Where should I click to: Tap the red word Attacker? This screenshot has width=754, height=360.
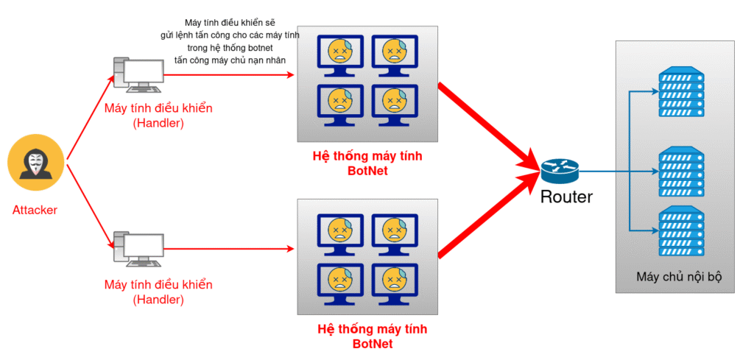click(x=35, y=211)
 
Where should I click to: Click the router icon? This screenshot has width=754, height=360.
click(x=560, y=172)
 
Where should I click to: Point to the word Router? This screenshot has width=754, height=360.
click(x=566, y=197)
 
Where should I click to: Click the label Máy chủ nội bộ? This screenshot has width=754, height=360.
click(x=679, y=278)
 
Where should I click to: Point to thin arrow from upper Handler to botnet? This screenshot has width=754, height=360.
click(x=228, y=74)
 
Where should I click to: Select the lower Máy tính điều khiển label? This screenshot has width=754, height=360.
click(x=158, y=284)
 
